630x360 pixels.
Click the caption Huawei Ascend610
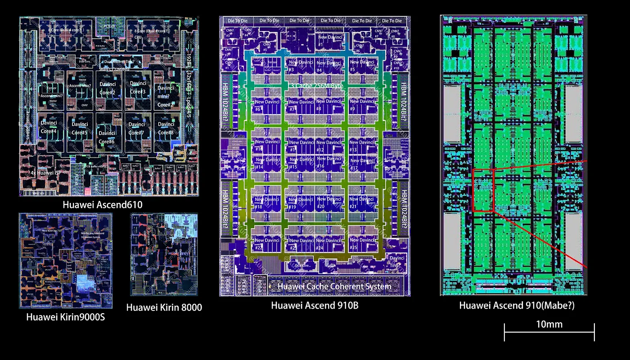(x=109, y=205)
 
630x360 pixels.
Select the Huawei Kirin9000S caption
(x=65, y=317)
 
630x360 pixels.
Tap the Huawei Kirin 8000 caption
(x=164, y=307)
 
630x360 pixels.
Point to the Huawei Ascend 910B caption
(x=315, y=306)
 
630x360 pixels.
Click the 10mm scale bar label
(x=549, y=324)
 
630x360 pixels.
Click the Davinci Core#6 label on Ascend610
(x=107, y=137)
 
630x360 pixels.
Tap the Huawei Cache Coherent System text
(x=334, y=286)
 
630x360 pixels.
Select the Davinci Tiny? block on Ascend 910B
(x=396, y=261)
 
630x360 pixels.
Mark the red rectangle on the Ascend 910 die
(x=484, y=190)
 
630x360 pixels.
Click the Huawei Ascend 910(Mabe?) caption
(x=517, y=306)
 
